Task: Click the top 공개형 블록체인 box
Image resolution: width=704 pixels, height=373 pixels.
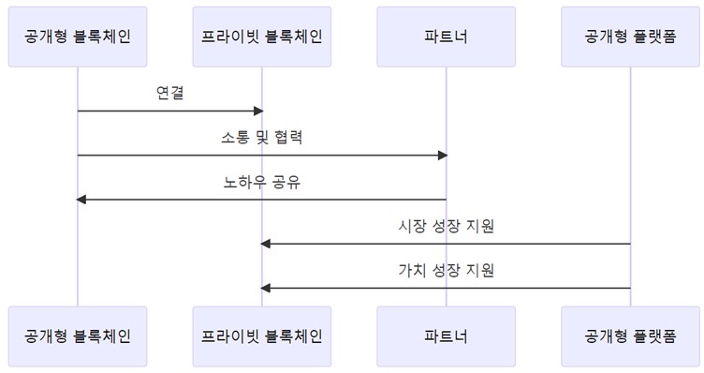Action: (78, 37)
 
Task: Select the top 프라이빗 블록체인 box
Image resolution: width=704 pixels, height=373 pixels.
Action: (262, 37)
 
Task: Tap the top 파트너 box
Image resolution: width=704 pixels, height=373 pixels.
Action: (446, 37)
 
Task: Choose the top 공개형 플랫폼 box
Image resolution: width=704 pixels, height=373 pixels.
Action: (630, 37)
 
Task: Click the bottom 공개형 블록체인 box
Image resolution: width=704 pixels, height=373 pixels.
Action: (78, 336)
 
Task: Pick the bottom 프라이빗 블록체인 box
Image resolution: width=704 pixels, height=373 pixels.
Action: (262, 336)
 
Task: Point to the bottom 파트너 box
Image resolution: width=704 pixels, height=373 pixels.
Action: (446, 336)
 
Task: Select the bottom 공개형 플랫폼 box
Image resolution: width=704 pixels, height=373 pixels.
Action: (630, 336)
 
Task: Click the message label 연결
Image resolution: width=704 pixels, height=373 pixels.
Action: (169, 94)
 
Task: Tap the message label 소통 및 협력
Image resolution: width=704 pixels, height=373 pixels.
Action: (261, 138)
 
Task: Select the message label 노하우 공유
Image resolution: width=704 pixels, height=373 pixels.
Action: (261, 182)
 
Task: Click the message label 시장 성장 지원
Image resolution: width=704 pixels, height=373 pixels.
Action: (446, 226)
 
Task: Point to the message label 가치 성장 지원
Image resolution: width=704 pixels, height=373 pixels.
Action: (446, 270)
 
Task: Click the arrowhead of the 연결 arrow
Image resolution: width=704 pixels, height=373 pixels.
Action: (257, 111)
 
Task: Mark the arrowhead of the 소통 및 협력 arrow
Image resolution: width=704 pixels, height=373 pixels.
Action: (442, 155)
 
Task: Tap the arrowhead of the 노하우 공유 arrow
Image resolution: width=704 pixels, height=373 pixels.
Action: (81, 199)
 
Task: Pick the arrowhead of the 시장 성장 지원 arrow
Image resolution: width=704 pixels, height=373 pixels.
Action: (266, 244)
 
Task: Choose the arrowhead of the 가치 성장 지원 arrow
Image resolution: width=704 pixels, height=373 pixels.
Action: (266, 288)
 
